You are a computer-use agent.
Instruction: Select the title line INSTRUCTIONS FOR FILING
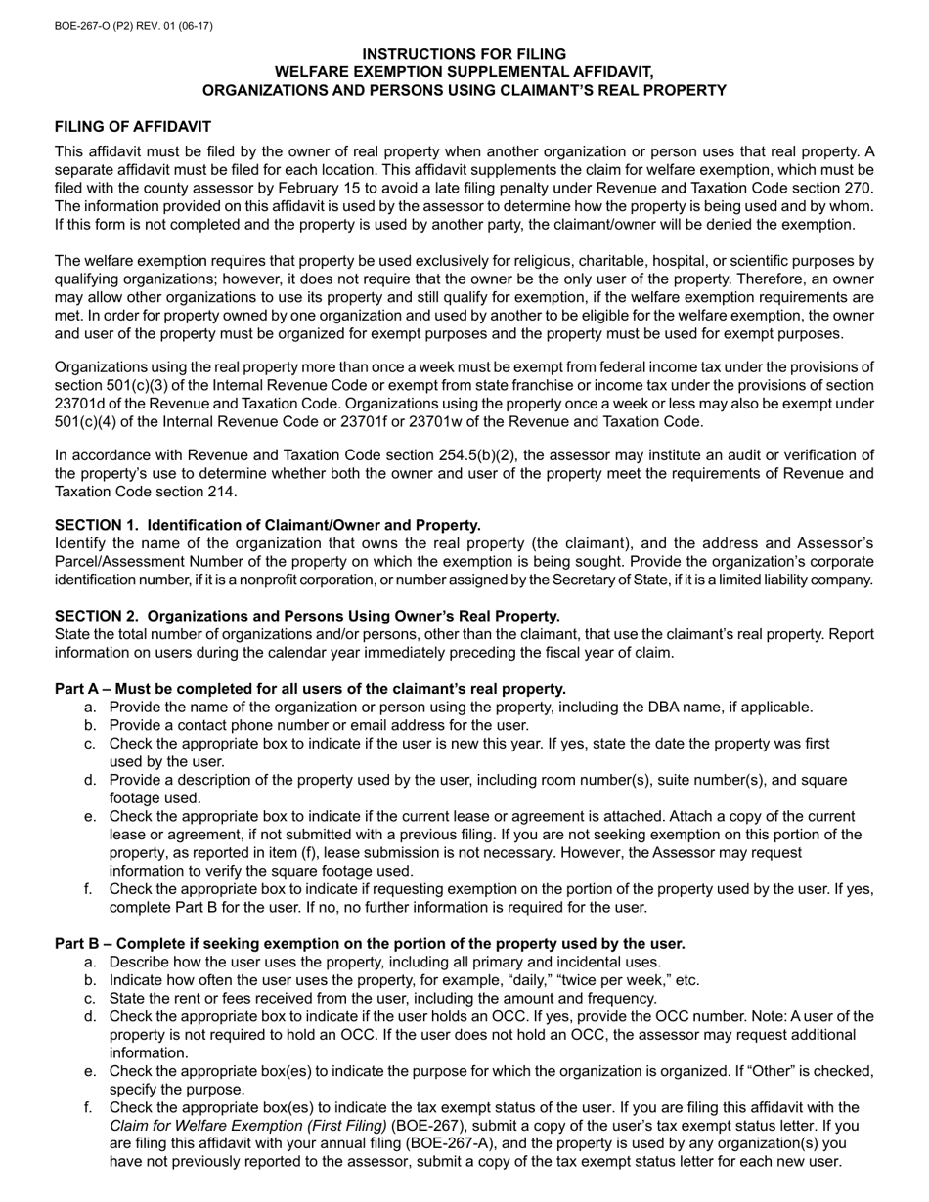point(464,54)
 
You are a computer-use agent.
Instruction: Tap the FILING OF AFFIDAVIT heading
point(132,127)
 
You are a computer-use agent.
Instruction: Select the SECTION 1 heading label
point(98,525)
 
